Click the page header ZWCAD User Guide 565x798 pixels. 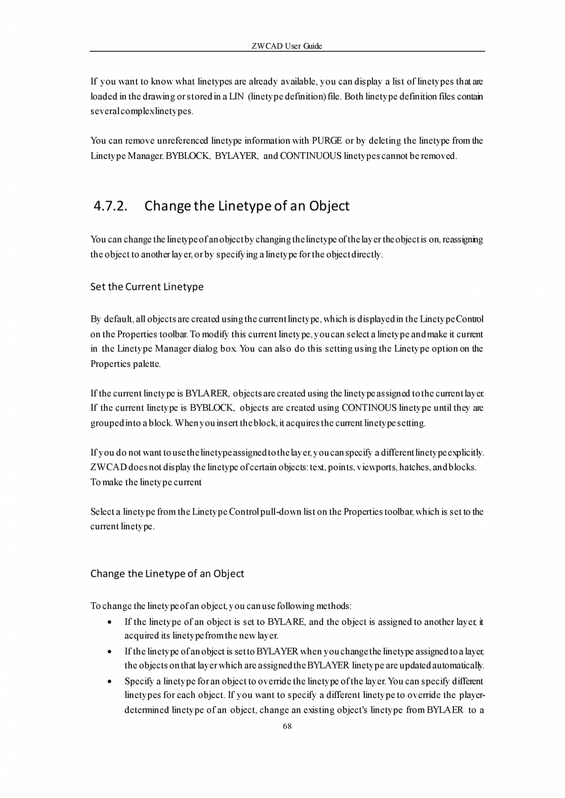tap(287, 46)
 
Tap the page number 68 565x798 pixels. tap(287, 726)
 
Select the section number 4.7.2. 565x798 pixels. tap(111, 206)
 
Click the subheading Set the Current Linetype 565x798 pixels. tap(147, 287)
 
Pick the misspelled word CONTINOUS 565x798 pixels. tap(368, 408)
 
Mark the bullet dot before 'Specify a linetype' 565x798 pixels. tap(109, 681)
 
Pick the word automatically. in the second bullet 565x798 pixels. tap(456, 665)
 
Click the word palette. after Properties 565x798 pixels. tap(147, 363)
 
